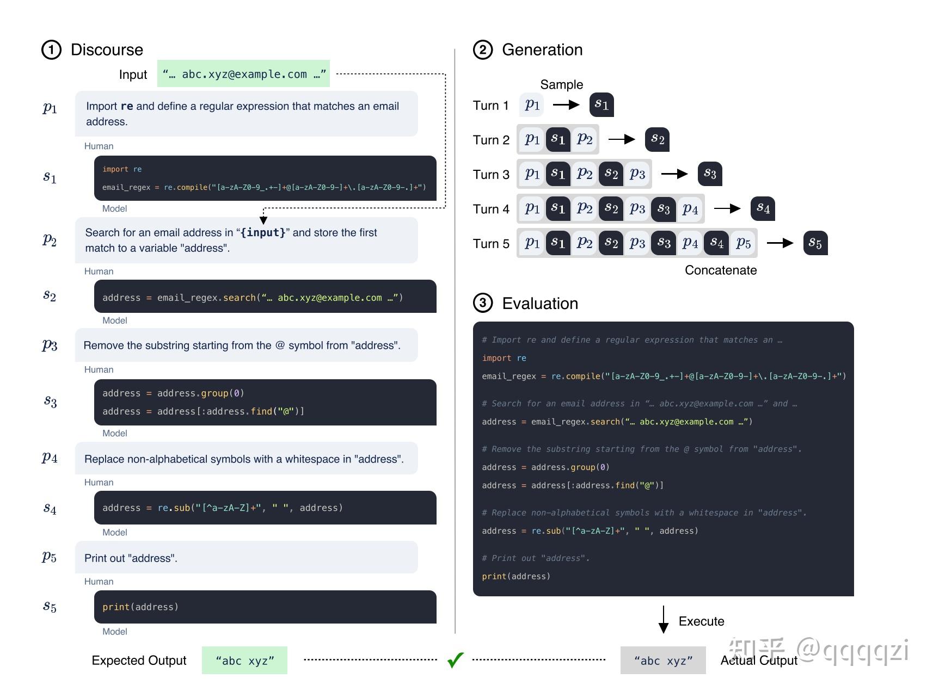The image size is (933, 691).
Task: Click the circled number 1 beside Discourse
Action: click(x=51, y=50)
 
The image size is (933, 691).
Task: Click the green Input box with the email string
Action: click(x=243, y=74)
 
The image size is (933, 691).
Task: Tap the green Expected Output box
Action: click(x=244, y=661)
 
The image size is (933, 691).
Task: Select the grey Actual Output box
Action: click(x=663, y=661)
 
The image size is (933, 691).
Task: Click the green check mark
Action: click(x=455, y=659)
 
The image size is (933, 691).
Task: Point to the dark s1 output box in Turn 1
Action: click(x=601, y=104)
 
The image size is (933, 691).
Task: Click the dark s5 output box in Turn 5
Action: click(x=815, y=243)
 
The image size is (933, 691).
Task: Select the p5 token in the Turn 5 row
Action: click(x=743, y=243)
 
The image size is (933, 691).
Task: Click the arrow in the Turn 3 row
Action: click(x=674, y=174)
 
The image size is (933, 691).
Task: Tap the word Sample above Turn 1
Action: click(x=561, y=84)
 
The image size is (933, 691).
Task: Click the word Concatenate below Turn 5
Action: click(x=720, y=270)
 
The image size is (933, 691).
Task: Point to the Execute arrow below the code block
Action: click(x=663, y=619)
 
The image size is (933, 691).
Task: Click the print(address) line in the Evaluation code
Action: click(x=515, y=576)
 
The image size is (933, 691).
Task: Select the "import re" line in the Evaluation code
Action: click(x=504, y=358)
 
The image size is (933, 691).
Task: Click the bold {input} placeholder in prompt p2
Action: click(x=263, y=233)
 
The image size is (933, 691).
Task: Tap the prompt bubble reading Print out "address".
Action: click(x=246, y=558)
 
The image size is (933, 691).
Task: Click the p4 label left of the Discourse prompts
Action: click(x=50, y=457)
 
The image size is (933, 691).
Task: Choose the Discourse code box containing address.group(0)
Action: click(x=265, y=402)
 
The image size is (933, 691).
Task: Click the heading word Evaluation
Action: click(x=539, y=304)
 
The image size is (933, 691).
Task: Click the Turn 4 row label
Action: click(x=490, y=209)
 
